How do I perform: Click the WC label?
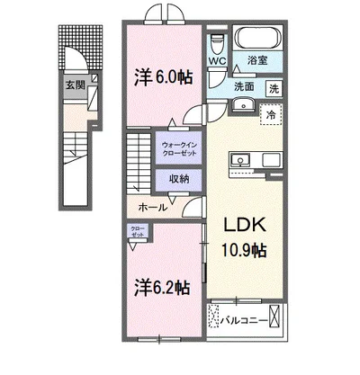217,62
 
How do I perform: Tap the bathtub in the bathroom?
258,39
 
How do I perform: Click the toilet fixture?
217,43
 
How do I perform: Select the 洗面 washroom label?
244,87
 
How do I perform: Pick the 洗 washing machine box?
274,88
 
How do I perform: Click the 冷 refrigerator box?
268,114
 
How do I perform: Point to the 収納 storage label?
179,178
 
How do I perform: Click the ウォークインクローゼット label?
180,147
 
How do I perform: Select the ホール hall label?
150,207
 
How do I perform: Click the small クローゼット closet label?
136,230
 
